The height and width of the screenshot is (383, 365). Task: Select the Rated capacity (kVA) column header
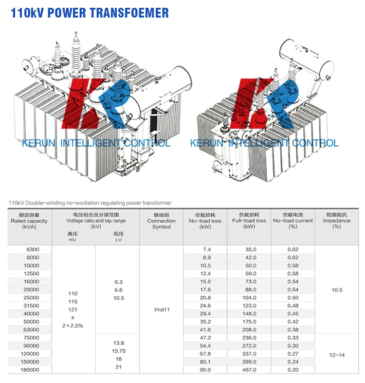point(29,221)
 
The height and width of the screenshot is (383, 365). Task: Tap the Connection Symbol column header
point(162,221)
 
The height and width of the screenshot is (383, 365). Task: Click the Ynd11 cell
point(162,309)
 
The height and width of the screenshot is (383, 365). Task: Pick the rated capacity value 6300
point(33,249)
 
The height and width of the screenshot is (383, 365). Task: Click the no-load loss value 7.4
point(206,249)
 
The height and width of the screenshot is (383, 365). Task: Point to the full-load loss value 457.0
point(249,370)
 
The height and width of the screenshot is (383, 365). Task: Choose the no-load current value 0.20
point(293,370)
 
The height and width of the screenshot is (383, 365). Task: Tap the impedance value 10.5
point(337,290)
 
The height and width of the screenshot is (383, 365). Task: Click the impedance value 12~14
point(337,355)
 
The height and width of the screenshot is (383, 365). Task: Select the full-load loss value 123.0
point(249,306)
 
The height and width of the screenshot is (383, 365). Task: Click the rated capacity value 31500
point(31,306)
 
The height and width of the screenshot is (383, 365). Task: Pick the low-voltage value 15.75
point(119,351)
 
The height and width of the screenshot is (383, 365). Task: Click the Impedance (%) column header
point(337,221)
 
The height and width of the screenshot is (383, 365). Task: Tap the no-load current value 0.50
point(293,298)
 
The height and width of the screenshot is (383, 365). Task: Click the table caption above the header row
point(90,203)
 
